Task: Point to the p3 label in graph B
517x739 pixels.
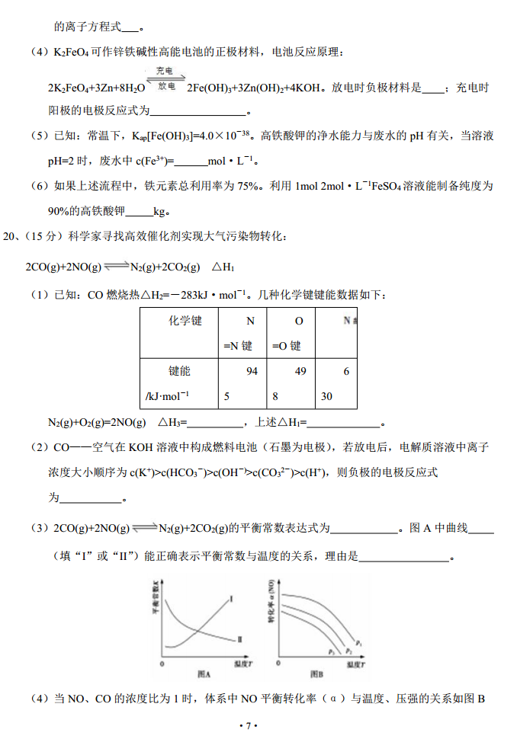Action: click(x=332, y=652)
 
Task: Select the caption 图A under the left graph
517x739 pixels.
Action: click(x=203, y=674)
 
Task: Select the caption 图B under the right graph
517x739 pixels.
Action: click(x=316, y=674)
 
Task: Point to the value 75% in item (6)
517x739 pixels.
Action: click(x=233, y=186)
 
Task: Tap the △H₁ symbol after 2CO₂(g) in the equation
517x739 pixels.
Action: click(x=222, y=267)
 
